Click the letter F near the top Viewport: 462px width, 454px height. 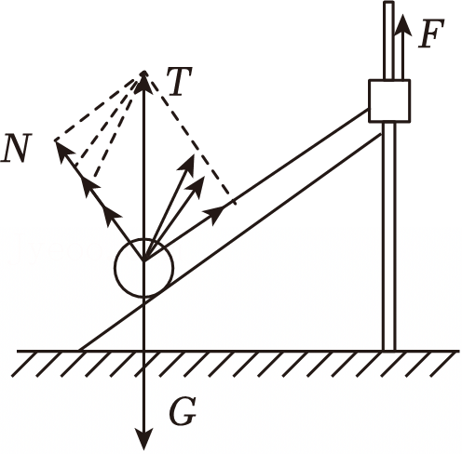(431, 33)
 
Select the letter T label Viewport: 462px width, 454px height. (179, 81)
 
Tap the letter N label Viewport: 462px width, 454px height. (16, 148)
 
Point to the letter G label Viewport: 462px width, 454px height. (183, 411)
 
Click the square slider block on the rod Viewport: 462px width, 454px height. (389, 100)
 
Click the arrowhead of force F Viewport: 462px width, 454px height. (403, 25)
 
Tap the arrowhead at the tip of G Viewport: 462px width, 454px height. (144, 439)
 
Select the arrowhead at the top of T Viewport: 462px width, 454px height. (143, 82)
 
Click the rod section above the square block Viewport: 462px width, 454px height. (388, 40)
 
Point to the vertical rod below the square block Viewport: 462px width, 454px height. (389, 235)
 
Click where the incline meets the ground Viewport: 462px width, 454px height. (79, 351)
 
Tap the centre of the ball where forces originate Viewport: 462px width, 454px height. (143, 260)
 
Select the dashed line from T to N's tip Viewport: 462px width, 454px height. (99, 107)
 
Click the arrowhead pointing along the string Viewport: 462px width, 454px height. (214, 213)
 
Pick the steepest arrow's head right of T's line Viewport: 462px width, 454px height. (187, 164)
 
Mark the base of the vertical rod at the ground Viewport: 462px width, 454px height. (389, 351)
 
